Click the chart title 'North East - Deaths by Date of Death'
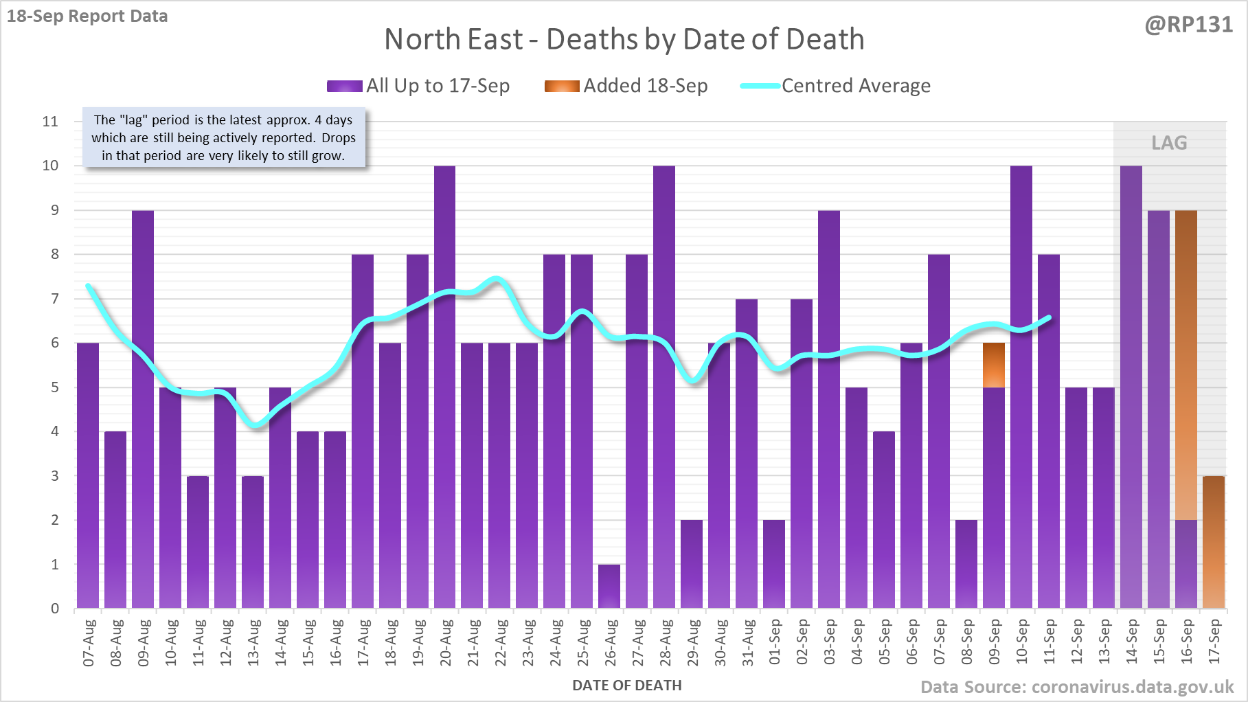coord(624,39)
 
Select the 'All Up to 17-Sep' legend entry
coord(418,86)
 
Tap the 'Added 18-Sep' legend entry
coord(626,86)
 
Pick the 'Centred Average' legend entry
coord(835,86)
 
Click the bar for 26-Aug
coord(609,586)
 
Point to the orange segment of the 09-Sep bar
coord(993,365)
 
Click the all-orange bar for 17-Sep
coord(1213,542)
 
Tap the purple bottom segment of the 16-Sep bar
coord(1185,564)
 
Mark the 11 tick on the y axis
coord(50,122)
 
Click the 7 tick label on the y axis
coord(54,299)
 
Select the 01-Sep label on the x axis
coord(775,642)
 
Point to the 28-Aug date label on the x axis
coord(665,642)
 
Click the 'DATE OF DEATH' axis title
coord(626,686)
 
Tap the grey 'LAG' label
coord(1169,143)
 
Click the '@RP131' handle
coord(1188,25)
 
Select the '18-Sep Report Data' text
coord(87,16)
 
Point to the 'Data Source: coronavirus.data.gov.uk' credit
coord(1076,687)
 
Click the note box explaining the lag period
coord(224,137)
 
